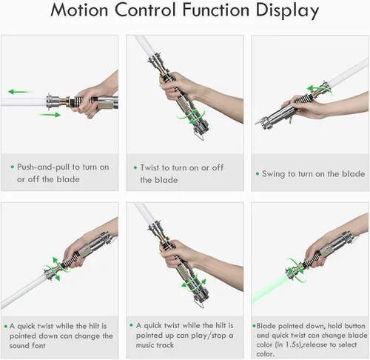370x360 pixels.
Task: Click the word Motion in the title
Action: (79, 10)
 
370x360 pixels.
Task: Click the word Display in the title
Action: (287, 11)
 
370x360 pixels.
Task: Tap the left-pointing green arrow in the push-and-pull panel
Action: (20, 92)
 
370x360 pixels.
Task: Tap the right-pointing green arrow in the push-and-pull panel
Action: (50, 115)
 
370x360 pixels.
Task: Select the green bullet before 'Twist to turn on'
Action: (135, 167)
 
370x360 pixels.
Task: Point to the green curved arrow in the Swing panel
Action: (320, 88)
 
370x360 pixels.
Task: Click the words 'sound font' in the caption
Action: (27, 345)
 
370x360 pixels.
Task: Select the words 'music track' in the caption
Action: (155, 345)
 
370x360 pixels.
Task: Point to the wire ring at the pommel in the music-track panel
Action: (199, 304)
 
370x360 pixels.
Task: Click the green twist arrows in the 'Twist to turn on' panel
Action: (191, 117)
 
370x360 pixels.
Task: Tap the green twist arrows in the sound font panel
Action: (55, 269)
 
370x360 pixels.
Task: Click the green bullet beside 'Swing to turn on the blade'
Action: (258, 174)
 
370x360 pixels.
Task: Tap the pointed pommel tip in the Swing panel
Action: (256, 123)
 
